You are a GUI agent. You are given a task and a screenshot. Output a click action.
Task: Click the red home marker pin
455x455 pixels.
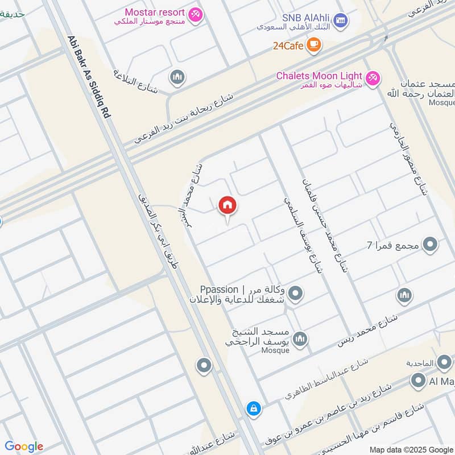point(227,206)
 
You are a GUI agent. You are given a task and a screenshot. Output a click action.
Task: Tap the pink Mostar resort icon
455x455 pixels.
point(195,15)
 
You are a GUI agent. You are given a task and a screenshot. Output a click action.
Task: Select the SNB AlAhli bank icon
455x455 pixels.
point(340,21)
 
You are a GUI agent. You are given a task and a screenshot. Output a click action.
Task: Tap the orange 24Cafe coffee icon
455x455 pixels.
point(313,44)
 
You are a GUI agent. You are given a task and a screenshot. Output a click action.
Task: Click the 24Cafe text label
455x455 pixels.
point(288,45)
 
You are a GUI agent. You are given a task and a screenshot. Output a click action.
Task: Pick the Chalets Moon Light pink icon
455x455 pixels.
point(373,77)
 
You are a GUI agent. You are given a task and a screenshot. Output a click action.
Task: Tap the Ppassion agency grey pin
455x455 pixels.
point(295,294)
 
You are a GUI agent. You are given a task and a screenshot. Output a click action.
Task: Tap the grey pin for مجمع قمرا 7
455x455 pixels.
point(431,245)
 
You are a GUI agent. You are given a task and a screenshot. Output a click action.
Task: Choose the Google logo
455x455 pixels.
point(23,446)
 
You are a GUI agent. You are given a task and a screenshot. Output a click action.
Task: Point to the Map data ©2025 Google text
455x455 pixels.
point(411,449)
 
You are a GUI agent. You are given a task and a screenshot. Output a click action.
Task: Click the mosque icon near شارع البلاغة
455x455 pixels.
point(177,77)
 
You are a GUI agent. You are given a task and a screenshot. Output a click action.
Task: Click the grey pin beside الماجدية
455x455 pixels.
point(444,362)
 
